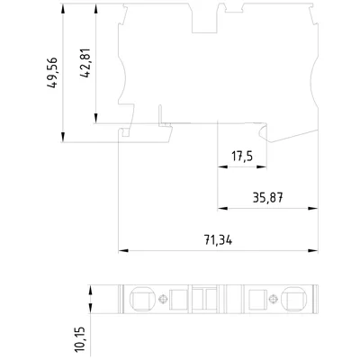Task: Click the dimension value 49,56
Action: coord(52,72)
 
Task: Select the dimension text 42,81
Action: coord(85,63)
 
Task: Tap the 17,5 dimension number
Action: coord(242,157)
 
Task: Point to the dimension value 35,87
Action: coord(267,197)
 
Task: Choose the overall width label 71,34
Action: coord(218,239)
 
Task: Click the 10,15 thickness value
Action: coord(79,339)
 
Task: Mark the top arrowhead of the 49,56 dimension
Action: coord(63,8)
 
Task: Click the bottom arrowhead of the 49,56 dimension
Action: coord(63,137)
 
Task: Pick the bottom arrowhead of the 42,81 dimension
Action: coord(96,118)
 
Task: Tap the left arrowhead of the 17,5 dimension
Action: coord(222,166)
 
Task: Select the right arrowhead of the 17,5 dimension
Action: coord(262,166)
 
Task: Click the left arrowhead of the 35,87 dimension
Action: coord(222,208)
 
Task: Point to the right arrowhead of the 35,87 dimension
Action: coord(313,208)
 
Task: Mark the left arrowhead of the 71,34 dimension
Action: coord(123,250)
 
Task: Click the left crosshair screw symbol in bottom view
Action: coord(163,299)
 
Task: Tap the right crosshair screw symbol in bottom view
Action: coord(273,299)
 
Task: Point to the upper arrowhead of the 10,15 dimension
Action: coord(90,290)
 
